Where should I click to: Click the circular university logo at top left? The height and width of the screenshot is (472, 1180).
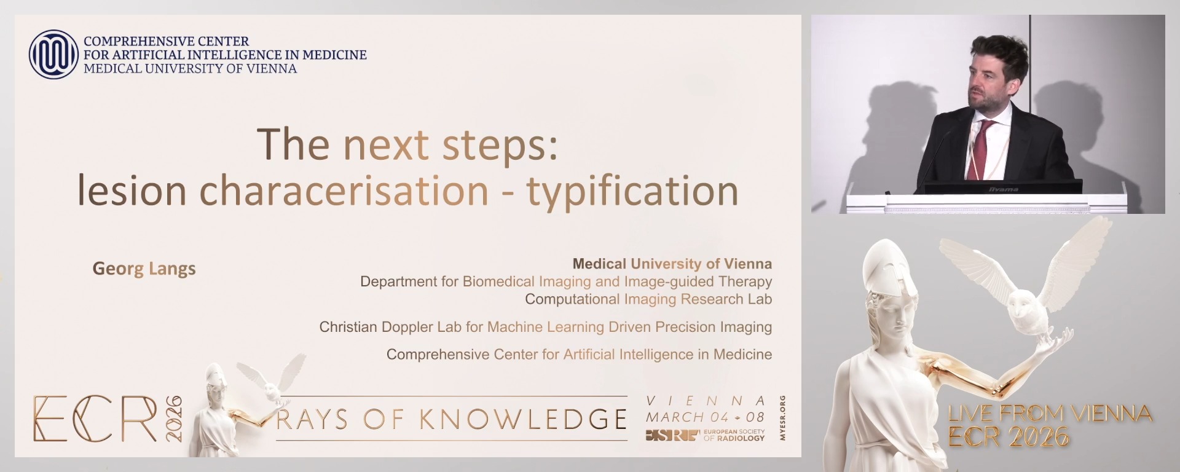(53, 55)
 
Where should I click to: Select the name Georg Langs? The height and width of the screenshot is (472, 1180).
(144, 269)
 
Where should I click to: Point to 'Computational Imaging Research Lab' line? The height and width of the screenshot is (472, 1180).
(648, 299)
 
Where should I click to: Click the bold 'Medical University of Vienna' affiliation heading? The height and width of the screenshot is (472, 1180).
(672, 264)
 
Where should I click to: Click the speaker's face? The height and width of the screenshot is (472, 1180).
(989, 80)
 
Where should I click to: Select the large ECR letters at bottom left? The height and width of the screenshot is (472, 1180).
(95, 419)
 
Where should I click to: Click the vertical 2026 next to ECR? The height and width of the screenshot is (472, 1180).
(175, 419)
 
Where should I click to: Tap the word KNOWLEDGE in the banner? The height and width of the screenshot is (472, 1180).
(522, 419)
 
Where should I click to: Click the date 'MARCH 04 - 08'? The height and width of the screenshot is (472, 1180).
(704, 417)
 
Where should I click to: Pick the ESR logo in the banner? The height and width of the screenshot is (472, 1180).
(672, 436)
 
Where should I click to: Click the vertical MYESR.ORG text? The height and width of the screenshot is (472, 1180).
(782, 419)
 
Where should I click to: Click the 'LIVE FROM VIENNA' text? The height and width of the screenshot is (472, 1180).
(1049, 414)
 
